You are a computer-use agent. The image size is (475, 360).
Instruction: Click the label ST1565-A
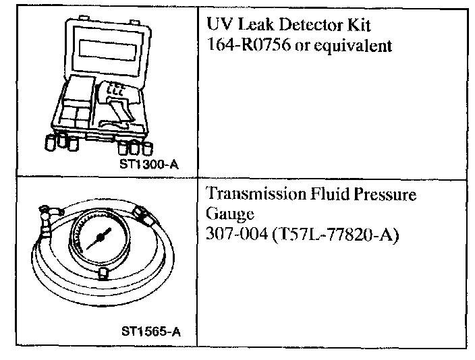pyautogui.click(x=151, y=332)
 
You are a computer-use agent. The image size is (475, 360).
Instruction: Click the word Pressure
pyautogui.click(x=384, y=195)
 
